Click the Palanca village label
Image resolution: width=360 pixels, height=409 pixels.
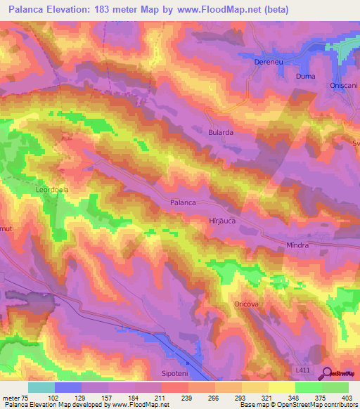tap(183, 202)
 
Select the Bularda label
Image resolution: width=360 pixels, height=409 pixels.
tap(220, 131)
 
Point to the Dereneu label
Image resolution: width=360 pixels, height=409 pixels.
tap(267, 62)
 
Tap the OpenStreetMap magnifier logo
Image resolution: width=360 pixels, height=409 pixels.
tap(326, 373)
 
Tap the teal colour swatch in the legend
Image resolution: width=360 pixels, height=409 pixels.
tap(41, 387)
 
